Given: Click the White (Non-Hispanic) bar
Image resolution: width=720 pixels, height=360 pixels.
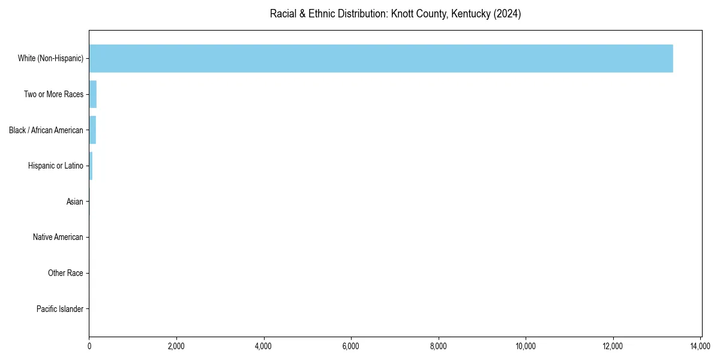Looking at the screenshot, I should [381, 58].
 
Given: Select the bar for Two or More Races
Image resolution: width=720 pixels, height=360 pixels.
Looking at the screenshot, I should [93, 94].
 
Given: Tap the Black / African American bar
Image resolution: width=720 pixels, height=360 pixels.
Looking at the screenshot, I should [92, 130].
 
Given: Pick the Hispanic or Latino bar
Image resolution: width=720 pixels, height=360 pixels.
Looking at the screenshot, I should [91, 166].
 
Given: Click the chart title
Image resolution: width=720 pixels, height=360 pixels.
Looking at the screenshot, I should [395, 14].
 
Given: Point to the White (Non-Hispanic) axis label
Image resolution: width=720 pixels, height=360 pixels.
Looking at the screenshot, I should [50, 58].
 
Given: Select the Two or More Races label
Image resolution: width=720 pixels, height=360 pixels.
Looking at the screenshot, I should [53, 94].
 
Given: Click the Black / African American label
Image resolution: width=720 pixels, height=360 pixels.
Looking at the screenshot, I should [46, 130].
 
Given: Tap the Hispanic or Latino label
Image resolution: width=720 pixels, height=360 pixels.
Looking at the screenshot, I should [56, 166].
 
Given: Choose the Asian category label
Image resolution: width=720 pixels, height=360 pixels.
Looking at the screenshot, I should [75, 202].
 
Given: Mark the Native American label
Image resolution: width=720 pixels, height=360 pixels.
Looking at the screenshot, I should [58, 238].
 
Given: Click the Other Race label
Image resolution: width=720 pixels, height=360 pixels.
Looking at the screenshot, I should [65, 274].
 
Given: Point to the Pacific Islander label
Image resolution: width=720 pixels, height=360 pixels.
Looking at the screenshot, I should [60, 309].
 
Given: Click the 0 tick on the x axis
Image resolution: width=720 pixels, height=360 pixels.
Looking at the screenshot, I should [89, 346].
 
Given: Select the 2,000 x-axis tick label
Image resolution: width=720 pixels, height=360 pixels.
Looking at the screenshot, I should [176, 346].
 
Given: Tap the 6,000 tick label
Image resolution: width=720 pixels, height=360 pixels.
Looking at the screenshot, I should [351, 346].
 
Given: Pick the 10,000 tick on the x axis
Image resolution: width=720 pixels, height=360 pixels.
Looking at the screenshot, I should [526, 346].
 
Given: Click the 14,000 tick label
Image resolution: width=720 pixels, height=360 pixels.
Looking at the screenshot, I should [700, 346].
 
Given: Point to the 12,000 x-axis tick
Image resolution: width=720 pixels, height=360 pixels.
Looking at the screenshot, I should [613, 346].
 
